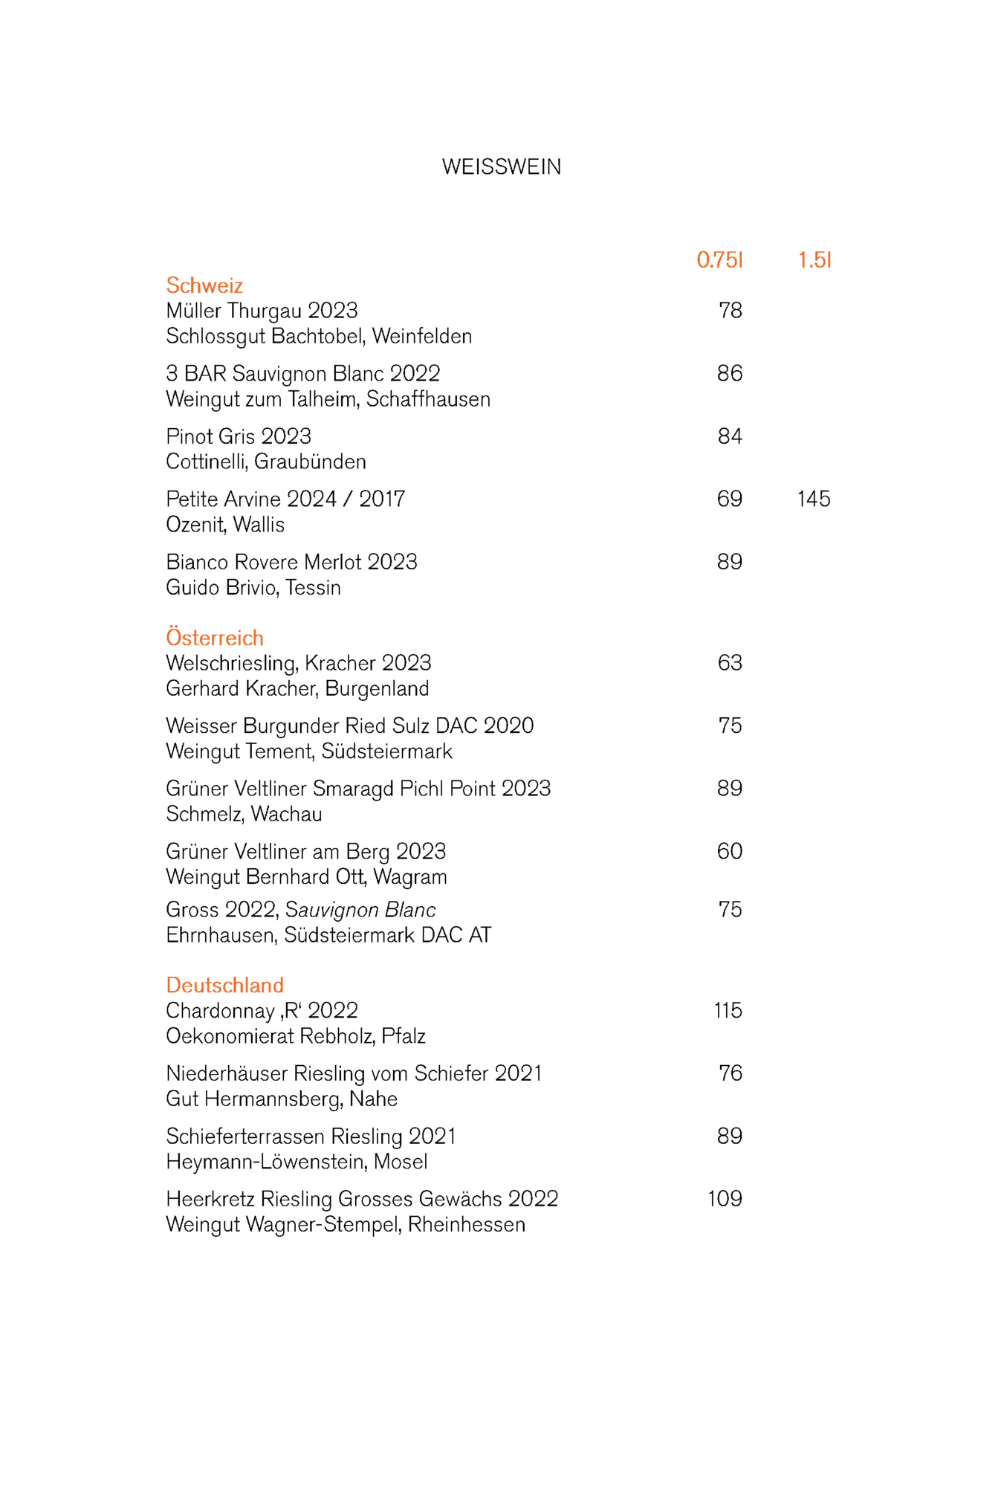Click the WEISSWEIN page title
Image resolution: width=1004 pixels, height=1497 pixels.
point(502,167)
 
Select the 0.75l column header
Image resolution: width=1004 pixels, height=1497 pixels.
point(719,260)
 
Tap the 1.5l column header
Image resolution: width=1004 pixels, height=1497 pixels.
point(814,260)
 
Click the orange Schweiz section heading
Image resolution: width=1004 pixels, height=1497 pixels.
point(204,285)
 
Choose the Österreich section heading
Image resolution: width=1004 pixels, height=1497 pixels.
point(215,638)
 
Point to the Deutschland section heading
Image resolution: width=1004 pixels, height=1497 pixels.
point(224,985)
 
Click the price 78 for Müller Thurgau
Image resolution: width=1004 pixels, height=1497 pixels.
point(730,311)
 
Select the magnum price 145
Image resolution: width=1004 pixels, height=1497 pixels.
point(814,499)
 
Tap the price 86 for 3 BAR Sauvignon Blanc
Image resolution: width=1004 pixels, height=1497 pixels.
point(729,373)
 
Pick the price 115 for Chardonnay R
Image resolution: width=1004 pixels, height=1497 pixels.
point(728,1010)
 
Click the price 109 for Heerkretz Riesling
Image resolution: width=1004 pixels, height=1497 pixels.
point(725,1198)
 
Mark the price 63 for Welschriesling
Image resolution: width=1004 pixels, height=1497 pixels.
point(730,663)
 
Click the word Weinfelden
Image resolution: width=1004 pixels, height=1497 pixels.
point(422,337)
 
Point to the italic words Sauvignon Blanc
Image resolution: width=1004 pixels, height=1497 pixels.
point(360,910)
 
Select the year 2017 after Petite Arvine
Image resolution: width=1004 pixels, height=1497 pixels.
point(382,499)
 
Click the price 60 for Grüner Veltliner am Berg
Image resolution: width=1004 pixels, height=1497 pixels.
point(729,851)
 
